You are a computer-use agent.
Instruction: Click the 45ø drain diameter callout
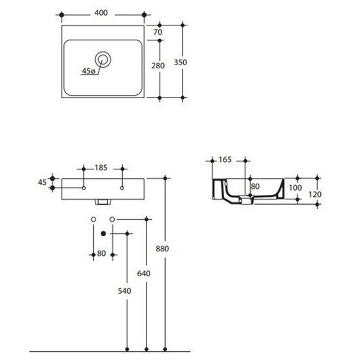89,71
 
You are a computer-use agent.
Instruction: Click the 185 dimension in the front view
102,168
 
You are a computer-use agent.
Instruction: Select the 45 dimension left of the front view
43,182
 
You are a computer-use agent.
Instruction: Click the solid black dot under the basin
103,233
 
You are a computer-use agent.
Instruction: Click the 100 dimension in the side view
295,187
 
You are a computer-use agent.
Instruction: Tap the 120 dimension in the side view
315,194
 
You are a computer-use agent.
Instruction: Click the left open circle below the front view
93,219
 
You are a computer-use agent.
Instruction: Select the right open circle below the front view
112,219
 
